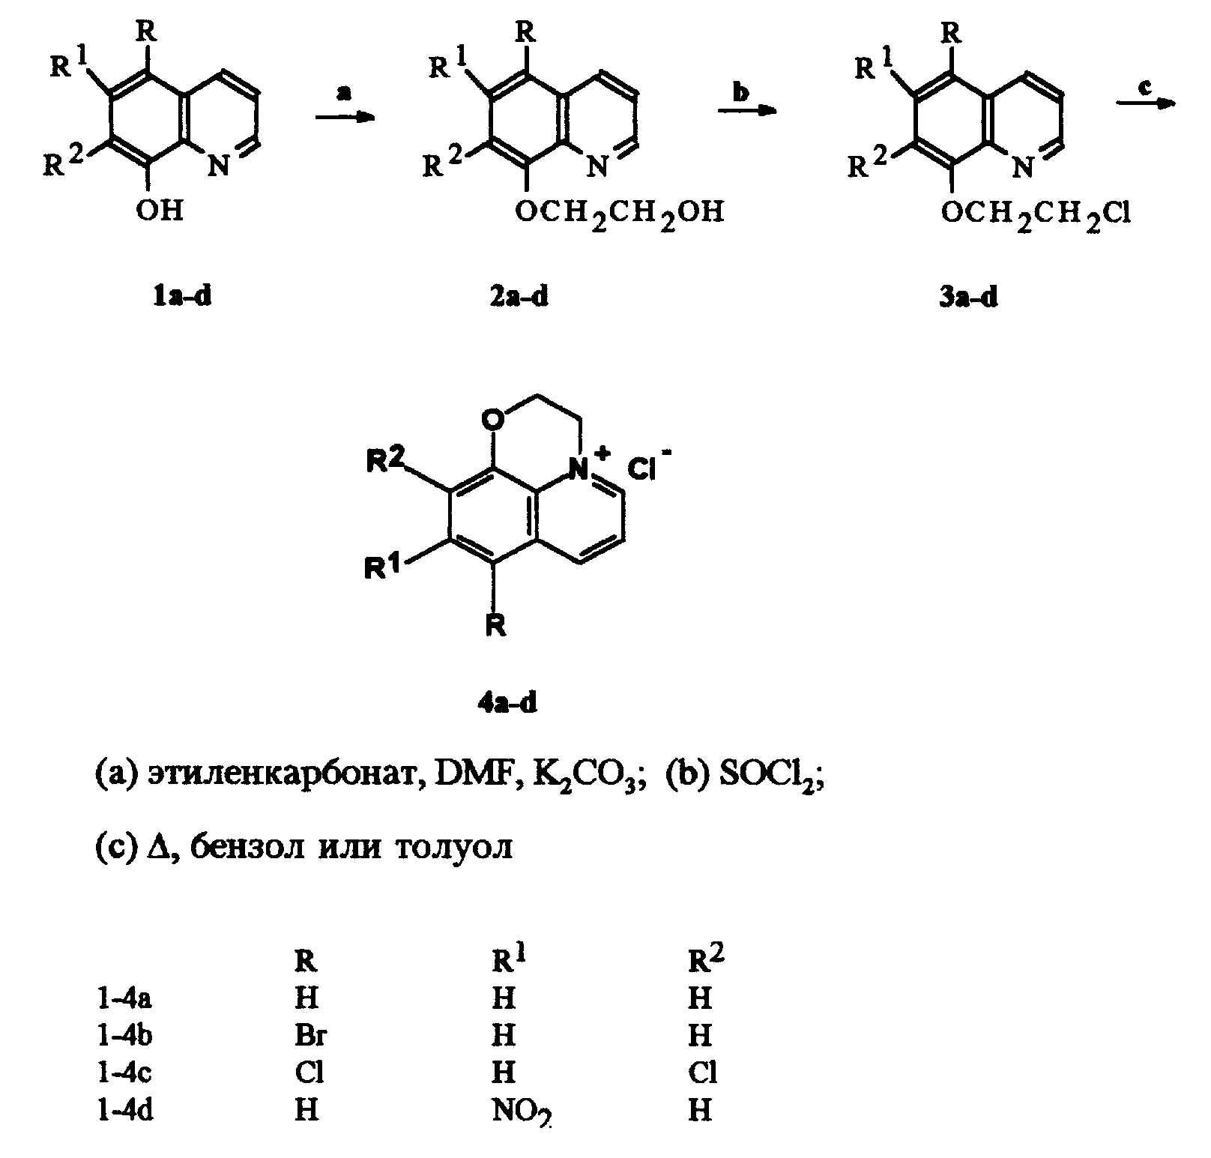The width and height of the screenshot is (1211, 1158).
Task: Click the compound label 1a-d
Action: coord(182,298)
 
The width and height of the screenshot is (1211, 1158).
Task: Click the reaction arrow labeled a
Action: coord(344,117)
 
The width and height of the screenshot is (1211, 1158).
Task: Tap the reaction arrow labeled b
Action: coord(746,110)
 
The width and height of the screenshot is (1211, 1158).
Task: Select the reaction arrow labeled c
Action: coord(1145,104)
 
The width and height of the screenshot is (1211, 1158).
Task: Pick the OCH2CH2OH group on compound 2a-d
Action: coord(620,213)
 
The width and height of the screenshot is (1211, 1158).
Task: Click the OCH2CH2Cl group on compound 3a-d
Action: coord(1035,215)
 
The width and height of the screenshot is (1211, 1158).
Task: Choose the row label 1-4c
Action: coord(125,1073)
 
